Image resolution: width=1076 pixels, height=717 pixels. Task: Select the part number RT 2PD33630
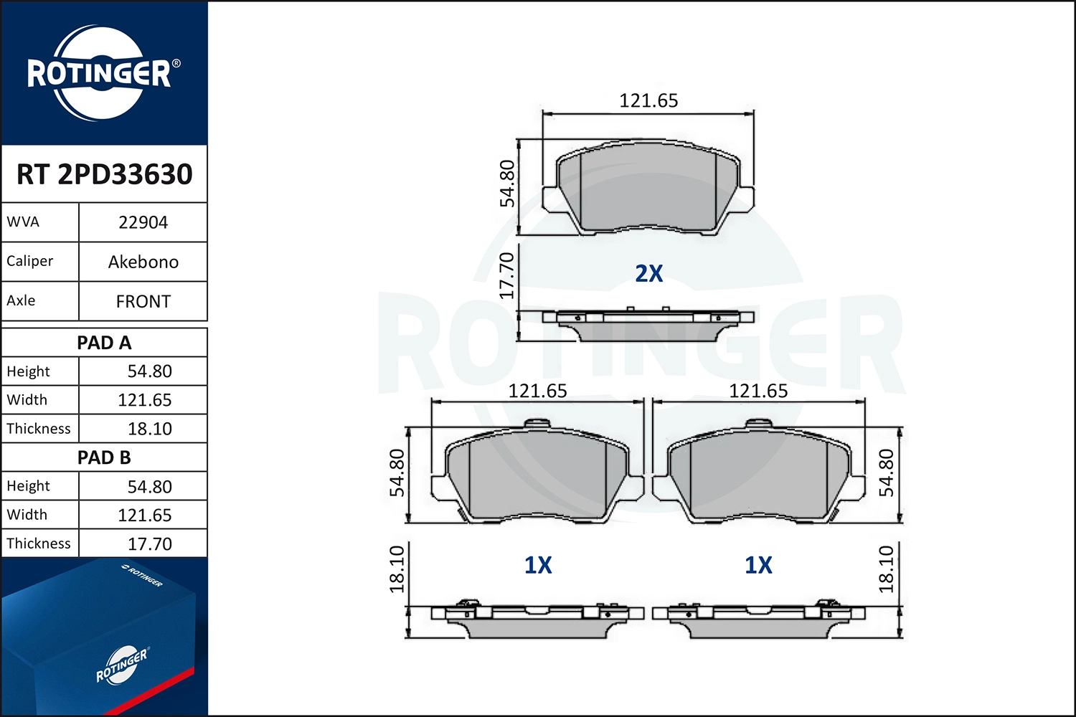105,174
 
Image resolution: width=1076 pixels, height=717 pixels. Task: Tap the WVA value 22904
143,222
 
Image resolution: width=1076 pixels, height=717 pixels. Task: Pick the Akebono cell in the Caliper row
143,262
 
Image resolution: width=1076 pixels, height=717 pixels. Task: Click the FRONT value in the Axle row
143,301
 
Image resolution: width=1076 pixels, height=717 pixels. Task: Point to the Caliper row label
30,261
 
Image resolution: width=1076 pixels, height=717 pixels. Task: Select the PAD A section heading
104,343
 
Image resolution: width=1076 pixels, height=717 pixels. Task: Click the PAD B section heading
104,457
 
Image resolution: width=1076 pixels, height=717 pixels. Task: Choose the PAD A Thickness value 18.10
149,429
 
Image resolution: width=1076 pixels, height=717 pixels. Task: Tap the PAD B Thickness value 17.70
149,544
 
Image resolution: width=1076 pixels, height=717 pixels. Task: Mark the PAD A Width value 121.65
144,400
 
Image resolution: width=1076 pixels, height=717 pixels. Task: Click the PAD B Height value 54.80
149,487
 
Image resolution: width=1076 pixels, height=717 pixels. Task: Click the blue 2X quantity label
648,273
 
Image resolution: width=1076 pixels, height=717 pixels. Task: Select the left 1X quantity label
537,565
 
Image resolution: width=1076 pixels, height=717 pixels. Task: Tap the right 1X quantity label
758,565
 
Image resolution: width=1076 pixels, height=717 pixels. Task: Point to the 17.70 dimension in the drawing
506,275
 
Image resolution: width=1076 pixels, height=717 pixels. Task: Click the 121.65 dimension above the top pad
648,100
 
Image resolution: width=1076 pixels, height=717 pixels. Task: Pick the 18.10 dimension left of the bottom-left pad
397,569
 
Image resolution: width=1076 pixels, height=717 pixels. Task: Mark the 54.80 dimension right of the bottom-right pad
887,473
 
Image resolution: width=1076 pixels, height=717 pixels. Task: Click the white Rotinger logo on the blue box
122,665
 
